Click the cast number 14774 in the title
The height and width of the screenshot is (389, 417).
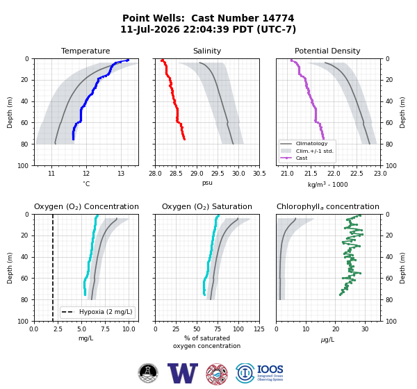278,18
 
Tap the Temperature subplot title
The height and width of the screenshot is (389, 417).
85,51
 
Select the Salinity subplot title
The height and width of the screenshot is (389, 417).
207,51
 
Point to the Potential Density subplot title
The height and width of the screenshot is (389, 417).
327,51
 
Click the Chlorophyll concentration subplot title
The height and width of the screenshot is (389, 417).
328,206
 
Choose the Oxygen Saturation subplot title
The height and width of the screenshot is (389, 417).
207,206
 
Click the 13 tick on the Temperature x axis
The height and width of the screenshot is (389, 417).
121,174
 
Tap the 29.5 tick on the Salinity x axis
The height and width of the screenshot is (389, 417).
218,174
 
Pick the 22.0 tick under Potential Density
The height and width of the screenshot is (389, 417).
334,174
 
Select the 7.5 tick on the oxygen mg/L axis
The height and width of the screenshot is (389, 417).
106,329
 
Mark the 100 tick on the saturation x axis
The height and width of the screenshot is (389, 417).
238,329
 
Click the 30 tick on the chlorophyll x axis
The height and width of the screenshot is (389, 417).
365,329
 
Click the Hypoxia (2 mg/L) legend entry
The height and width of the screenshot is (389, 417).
97,312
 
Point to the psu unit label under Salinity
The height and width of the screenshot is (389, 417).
207,183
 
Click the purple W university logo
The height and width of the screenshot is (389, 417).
183,373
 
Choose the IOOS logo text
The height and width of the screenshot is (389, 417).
270,370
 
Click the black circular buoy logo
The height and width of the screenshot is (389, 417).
148,373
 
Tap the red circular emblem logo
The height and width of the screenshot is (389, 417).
217,374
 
